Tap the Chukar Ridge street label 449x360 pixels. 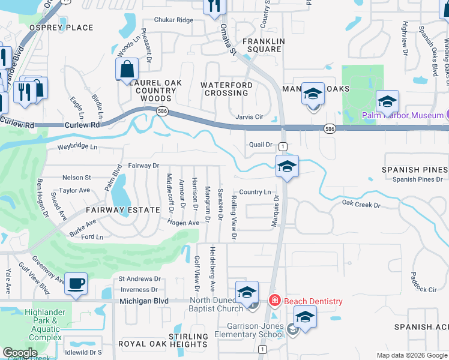(x=173, y=20)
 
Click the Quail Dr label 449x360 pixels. (x=261, y=145)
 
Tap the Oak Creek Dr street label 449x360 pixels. (x=361, y=205)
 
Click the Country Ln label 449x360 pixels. (x=255, y=192)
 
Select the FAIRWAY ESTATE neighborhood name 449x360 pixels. (x=122, y=210)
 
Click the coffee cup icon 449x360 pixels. (x=76, y=283)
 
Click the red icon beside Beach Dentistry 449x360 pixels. (x=274, y=301)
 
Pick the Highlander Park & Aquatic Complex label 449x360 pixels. (x=43, y=325)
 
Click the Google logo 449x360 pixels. (x=20, y=353)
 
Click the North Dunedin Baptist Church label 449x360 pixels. (x=218, y=305)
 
